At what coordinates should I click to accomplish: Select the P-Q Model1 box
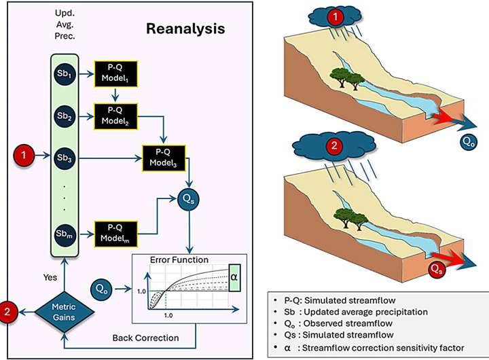tap(115, 71)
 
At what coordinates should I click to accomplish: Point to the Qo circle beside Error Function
tap(101, 289)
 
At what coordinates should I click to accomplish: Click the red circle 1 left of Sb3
tap(24, 157)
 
